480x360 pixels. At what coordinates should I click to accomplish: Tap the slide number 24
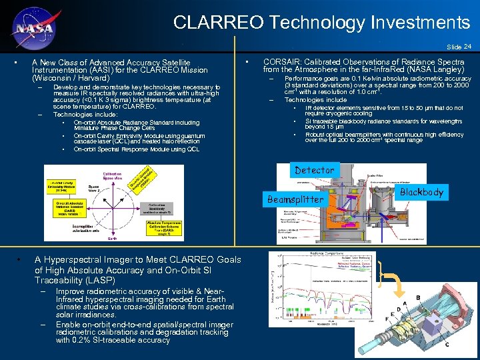click(467, 47)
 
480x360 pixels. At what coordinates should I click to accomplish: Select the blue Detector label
click(315, 171)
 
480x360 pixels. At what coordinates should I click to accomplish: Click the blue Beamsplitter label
click(295, 199)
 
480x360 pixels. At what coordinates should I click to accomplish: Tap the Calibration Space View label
click(112, 175)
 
